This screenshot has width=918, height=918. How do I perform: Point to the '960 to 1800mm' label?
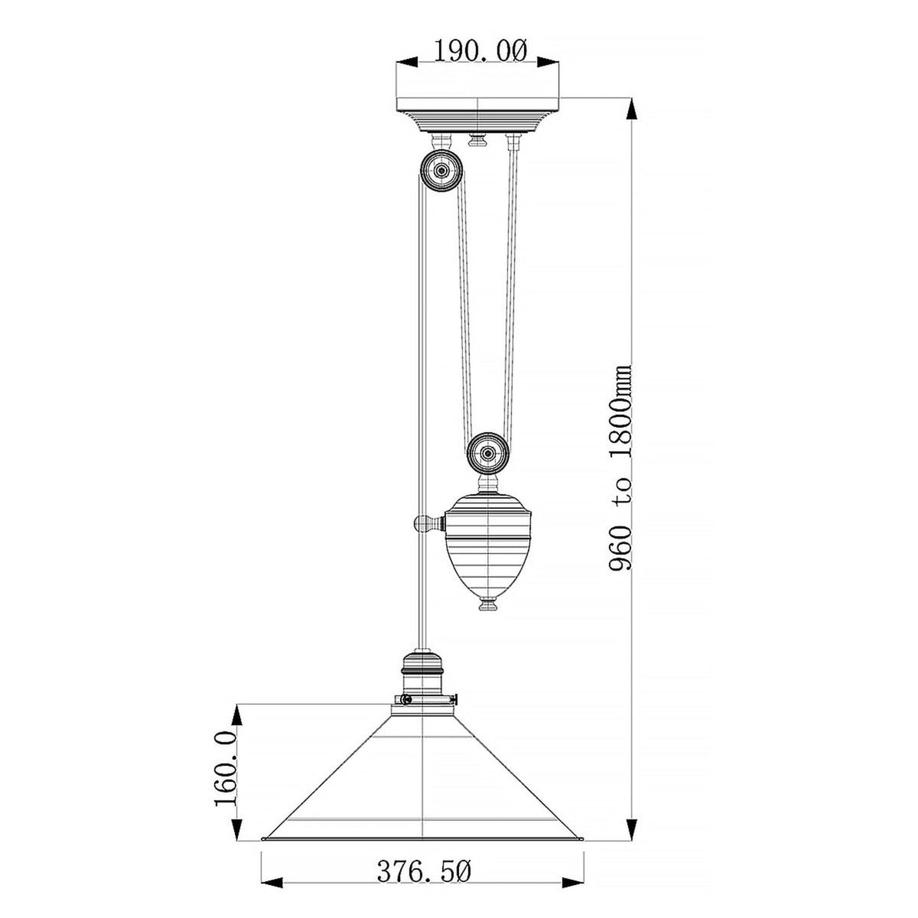(619, 467)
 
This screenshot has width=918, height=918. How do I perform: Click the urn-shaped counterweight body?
(487, 543)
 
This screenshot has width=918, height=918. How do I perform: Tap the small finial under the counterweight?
(487, 606)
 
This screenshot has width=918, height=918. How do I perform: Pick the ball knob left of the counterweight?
(422, 525)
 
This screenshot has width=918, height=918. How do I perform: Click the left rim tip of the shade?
(264, 817)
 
